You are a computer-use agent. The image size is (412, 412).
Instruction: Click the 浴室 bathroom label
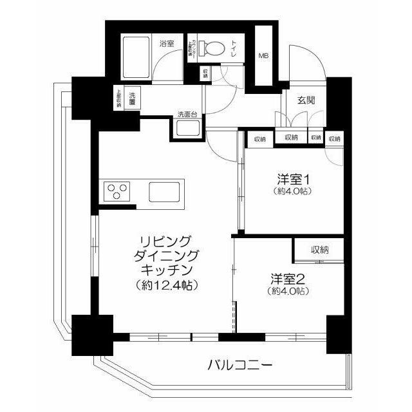point(167,43)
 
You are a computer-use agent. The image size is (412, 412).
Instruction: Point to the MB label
point(264,56)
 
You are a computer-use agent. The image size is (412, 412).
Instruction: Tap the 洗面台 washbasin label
point(188,115)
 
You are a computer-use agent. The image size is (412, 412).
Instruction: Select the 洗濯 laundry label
point(132,97)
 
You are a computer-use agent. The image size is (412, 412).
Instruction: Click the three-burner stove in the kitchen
point(117,191)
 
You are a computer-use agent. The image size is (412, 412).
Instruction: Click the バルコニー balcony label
point(239,365)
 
